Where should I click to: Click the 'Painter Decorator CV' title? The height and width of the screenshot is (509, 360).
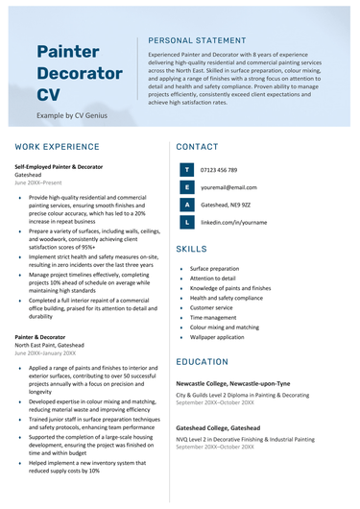(80, 73)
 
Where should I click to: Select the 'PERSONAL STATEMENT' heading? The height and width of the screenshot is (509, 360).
(198, 41)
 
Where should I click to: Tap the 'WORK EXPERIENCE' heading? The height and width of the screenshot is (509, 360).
(58, 147)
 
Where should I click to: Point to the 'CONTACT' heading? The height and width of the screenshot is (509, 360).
(198, 147)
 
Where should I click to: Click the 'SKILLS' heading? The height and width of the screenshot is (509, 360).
(192, 249)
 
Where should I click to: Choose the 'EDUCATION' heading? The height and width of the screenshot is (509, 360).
(203, 361)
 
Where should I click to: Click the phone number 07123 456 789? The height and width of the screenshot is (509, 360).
(219, 170)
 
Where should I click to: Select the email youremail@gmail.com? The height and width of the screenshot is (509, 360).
(228, 187)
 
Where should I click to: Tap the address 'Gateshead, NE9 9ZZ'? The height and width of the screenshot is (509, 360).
(226, 205)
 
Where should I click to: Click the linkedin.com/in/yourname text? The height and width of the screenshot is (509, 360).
(233, 222)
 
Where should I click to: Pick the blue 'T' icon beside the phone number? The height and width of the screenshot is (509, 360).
(186, 170)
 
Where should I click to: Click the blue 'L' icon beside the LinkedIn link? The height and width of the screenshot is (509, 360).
(186, 222)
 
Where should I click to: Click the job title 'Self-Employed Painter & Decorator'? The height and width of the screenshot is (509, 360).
(59, 167)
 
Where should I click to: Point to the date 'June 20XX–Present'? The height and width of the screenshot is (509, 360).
(38, 182)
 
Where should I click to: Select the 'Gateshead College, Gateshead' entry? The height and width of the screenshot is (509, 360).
(218, 427)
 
